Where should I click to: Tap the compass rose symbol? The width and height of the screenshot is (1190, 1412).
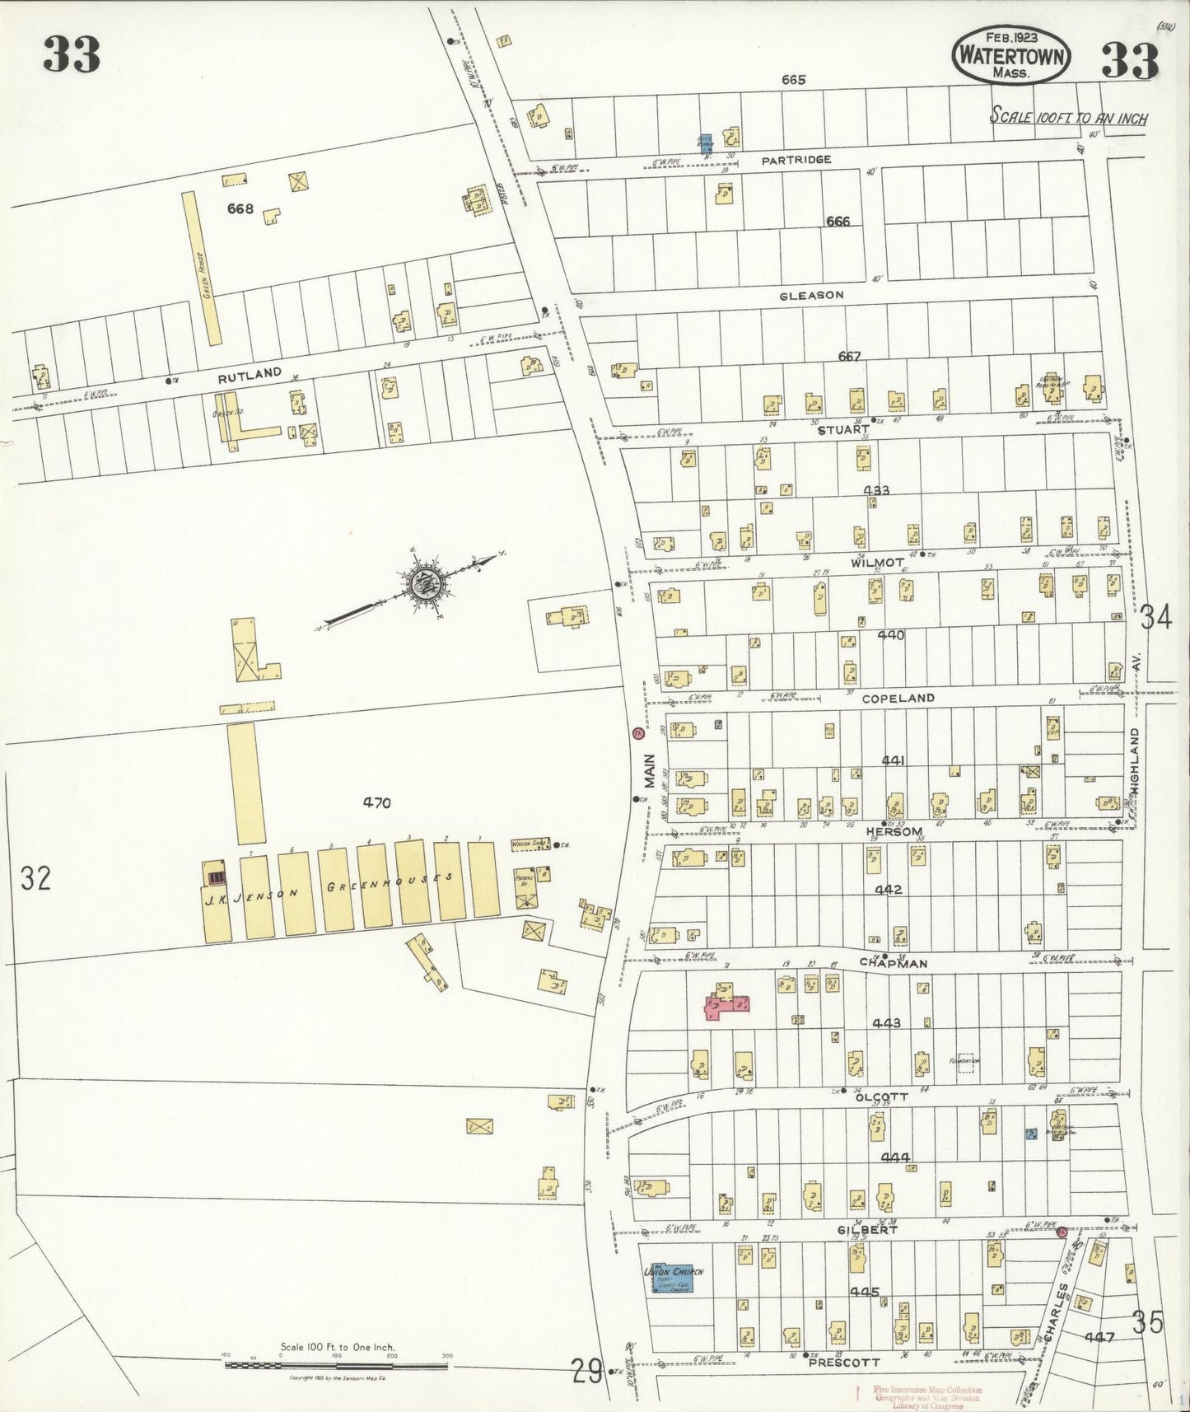tap(427, 584)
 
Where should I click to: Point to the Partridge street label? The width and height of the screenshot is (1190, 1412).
tap(796, 160)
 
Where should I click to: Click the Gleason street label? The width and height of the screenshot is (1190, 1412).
tap(812, 295)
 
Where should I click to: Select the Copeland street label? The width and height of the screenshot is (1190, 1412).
tap(898, 698)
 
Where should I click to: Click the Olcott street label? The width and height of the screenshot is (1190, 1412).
tap(880, 1097)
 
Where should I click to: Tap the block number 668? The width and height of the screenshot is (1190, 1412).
tap(240, 209)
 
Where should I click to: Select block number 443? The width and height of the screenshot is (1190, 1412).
tap(886, 1023)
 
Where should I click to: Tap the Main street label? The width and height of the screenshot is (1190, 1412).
tap(649, 774)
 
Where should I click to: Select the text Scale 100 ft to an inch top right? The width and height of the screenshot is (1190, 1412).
tap(1068, 117)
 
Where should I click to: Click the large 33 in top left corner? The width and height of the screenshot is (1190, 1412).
tap(72, 56)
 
